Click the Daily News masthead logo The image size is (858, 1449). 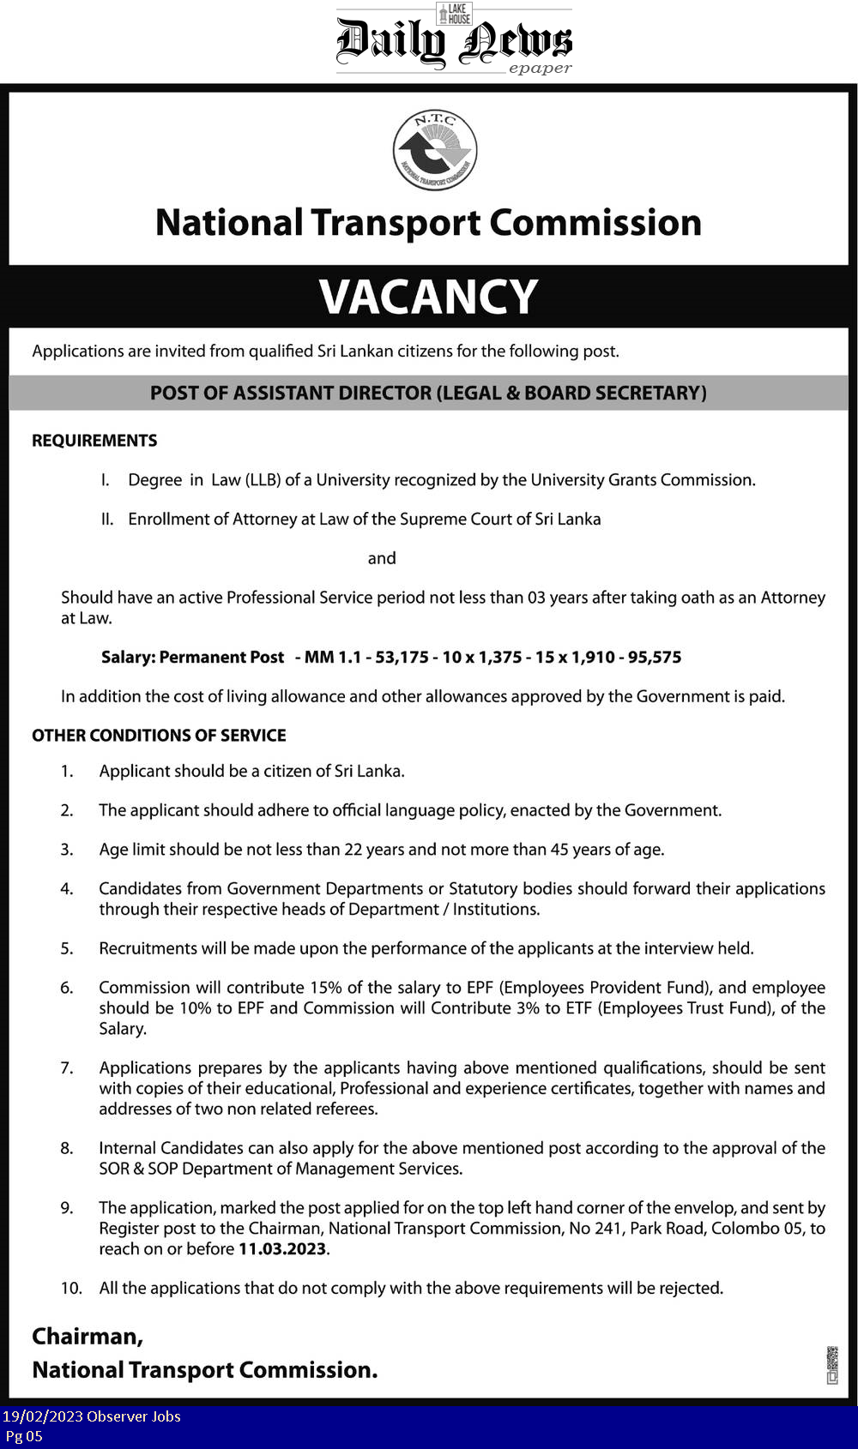coord(453,40)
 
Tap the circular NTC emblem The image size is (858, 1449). coord(434,150)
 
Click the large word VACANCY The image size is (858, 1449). coord(428,297)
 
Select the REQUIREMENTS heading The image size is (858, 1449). coord(94,441)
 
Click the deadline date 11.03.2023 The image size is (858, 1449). coord(282,1249)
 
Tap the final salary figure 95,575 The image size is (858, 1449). coord(655,658)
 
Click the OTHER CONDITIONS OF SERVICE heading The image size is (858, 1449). coord(159,736)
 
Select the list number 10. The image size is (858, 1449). coord(71,1289)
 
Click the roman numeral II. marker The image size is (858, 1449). coord(107,520)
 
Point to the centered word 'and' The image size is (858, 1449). coord(382,559)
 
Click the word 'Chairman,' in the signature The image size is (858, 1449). coord(88,1337)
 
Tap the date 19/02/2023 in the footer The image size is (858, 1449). coord(42,1416)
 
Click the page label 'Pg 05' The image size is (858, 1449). coord(24,1436)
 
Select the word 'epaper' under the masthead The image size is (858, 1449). coord(540,69)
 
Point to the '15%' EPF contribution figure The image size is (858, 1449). coord(326,988)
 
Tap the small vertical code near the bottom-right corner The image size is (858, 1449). coord(831,1365)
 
